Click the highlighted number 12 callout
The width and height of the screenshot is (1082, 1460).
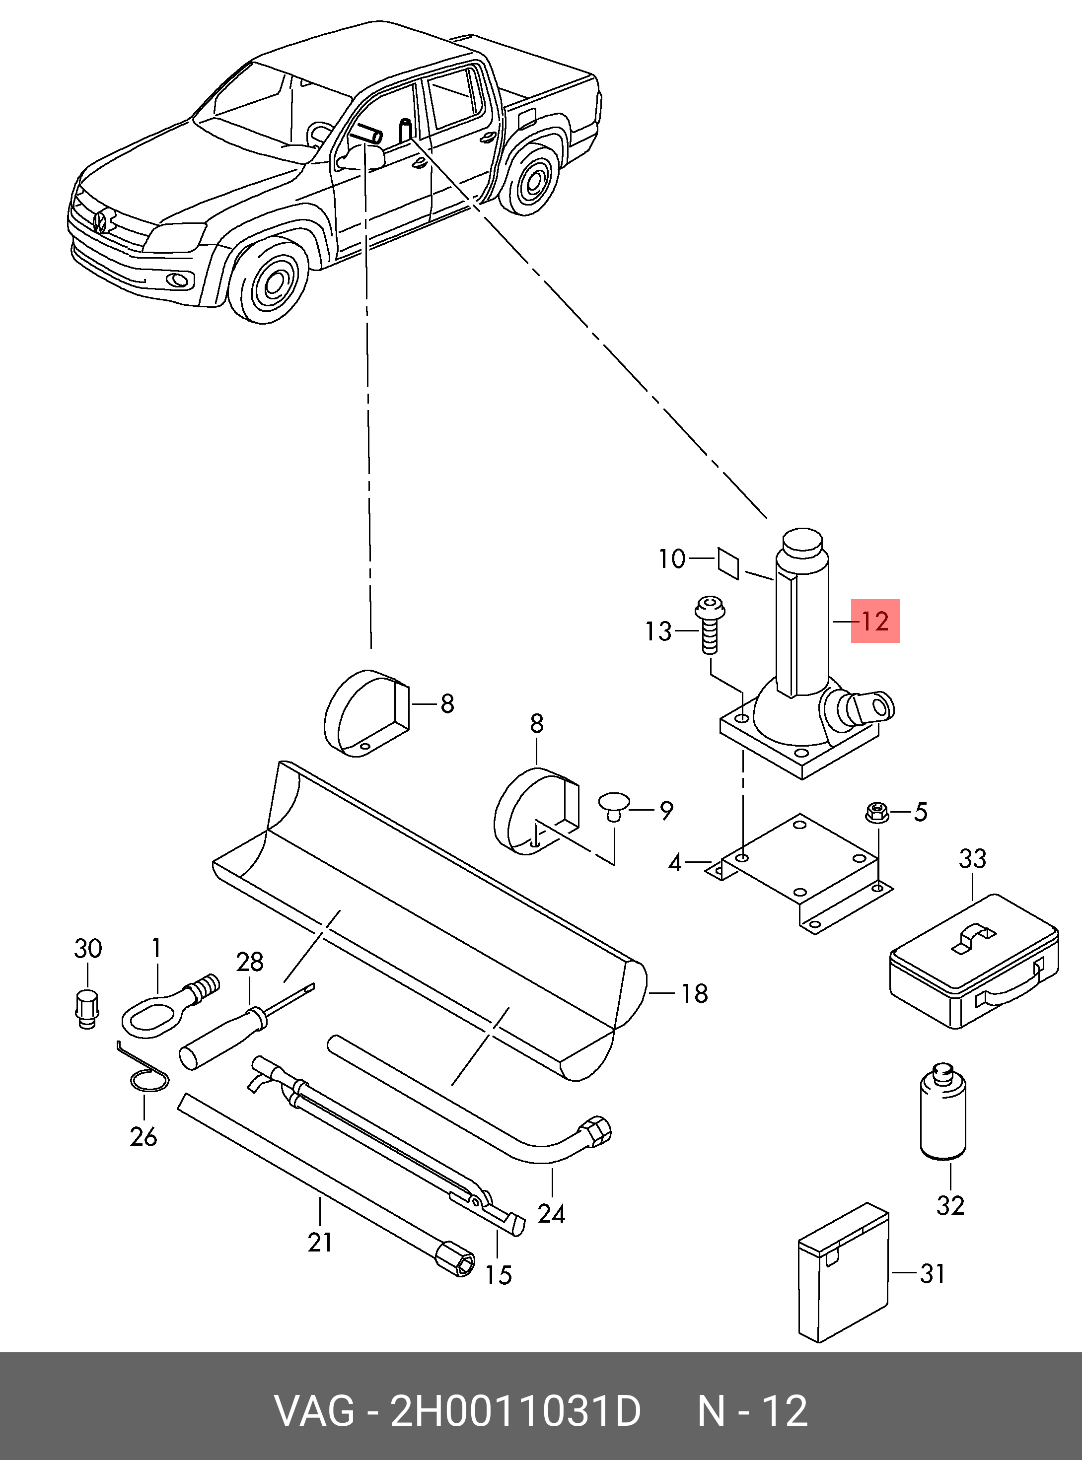pyautogui.click(x=875, y=621)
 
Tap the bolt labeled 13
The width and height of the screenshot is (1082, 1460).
pyautogui.click(x=709, y=625)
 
